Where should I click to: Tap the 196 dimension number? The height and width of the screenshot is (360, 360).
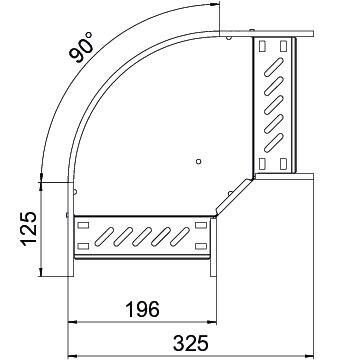[140, 310]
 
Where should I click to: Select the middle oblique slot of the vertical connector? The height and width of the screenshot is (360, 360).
[273, 105]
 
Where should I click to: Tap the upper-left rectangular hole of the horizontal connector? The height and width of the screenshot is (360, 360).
[80, 228]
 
